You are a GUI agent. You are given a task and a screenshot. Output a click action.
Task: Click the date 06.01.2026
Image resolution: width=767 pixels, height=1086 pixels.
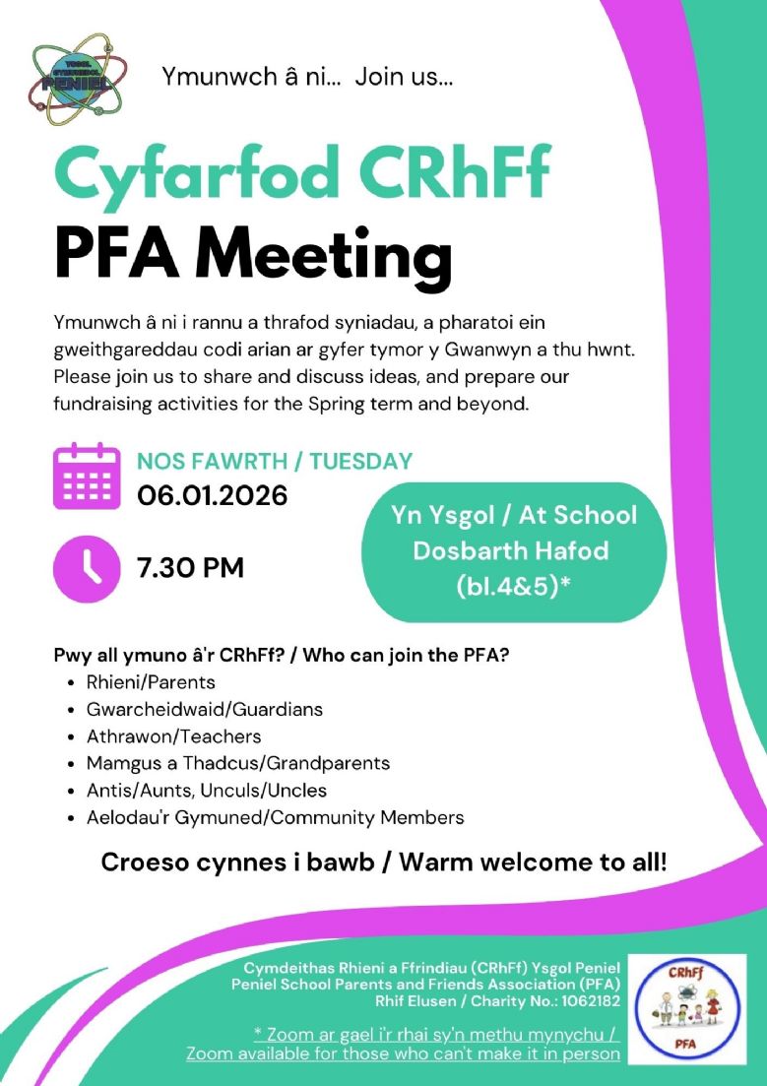click(212, 494)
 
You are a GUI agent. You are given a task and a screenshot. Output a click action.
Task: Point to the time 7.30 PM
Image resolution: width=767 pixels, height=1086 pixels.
click(190, 568)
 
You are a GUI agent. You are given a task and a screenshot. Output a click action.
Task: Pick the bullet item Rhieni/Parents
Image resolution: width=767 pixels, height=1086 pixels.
click(151, 681)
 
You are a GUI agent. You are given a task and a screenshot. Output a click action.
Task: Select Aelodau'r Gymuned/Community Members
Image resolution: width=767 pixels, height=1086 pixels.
click(275, 817)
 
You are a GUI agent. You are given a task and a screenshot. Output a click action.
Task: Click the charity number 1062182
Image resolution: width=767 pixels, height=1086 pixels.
click(586, 1001)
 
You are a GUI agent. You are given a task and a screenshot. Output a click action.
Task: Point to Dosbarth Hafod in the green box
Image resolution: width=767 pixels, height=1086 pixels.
click(511, 550)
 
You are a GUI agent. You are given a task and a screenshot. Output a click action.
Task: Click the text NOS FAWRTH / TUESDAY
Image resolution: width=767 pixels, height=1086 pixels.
click(275, 461)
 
